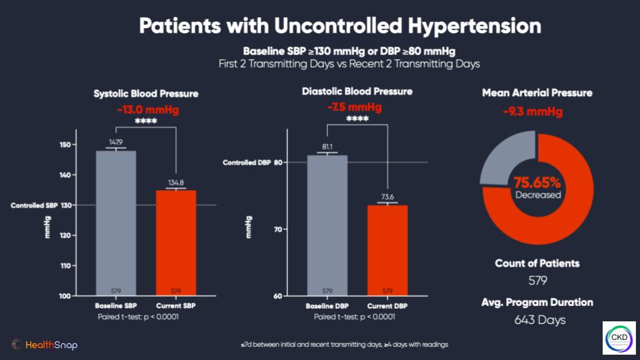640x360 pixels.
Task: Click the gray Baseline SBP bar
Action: pyautogui.click(x=116, y=223)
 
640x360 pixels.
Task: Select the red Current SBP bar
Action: pyautogui.click(x=176, y=243)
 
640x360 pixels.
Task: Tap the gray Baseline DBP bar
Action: pyautogui.click(x=327, y=225)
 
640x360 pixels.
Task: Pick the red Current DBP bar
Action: pyautogui.click(x=387, y=250)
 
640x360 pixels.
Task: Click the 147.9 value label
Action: pyautogui.click(x=116, y=142)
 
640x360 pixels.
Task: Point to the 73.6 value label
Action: pyautogui.click(x=387, y=197)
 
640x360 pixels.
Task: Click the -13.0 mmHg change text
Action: pyautogui.click(x=148, y=110)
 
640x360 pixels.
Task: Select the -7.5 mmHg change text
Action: pyautogui.click(x=355, y=107)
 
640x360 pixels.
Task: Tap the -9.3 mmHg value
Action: pyautogui.click(x=533, y=111)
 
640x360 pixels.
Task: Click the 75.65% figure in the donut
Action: pyautogui.click(x=537, y=182)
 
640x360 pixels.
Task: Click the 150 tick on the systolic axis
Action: pyautogui.click(x=65, y=145)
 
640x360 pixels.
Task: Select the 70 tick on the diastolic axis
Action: pyautogui.click(x=278, y=229)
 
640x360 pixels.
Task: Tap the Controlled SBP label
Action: pyautogui.click(x=34, y=205)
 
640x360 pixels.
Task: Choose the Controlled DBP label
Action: pyautogui.click(x=247, y=163)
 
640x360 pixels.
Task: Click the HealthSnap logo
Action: pyautogui.click(x=45, y=345)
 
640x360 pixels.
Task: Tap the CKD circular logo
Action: pyautogui.click(x=619, y=338)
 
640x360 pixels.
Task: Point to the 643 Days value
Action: pyautogui.click(x=540, y=320)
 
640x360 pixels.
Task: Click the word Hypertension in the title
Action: pyautogui.click(x=475, y=26)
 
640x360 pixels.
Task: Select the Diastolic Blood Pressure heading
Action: pyautogui.click(x=357, y=91)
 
